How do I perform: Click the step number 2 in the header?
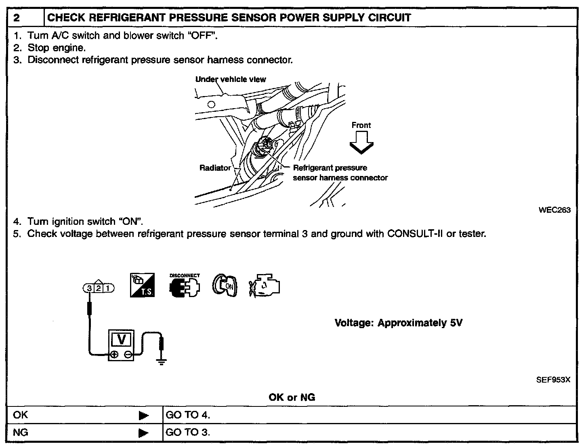click(16, 18)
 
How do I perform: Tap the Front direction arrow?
click(361, 143)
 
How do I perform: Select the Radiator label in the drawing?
click(215, 168)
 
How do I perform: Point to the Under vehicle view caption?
click(231, 80)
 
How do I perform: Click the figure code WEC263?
click(554, 210)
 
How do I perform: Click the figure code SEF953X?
click(553, 380)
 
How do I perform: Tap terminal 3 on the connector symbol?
click(88, 288)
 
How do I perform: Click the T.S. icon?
click(142, 285)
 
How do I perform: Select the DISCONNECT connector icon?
click(184, 285)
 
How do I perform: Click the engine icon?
click(265, 285)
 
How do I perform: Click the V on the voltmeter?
click(121, 339)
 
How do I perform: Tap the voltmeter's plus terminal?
click(114, 355)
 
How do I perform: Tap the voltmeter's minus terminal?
click(128, 355)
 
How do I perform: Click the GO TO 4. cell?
click(188, 415)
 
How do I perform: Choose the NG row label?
click(21, 433)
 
